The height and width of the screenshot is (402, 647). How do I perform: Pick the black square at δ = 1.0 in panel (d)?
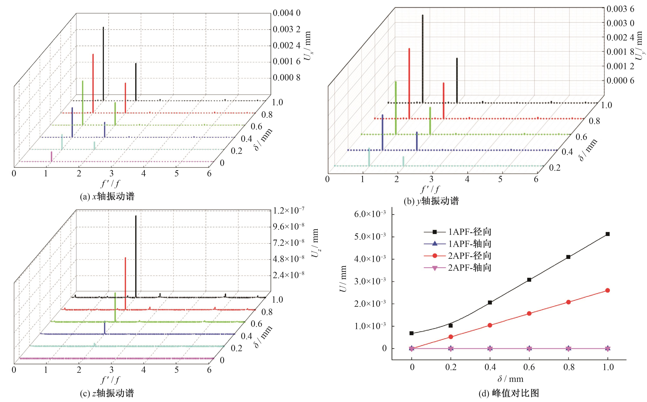pos(608,234)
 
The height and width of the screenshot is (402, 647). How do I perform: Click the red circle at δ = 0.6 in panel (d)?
pos(529,313)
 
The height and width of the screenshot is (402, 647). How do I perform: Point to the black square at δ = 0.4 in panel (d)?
pos(490,303)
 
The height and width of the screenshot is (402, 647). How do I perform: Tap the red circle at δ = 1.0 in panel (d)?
pos(608,290)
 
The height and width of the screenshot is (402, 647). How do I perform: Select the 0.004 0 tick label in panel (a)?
pos(286,13)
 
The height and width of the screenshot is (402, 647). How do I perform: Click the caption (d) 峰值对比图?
pos(509,393)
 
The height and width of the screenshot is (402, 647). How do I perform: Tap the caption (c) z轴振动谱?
pos(107,393)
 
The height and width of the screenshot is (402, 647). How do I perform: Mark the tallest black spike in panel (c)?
pos(136,255)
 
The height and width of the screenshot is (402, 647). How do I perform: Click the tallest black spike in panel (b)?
pos(422,58)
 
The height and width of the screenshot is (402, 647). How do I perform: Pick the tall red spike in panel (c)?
pos(125,283)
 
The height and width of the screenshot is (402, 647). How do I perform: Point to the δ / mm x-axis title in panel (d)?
pos(510,379)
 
